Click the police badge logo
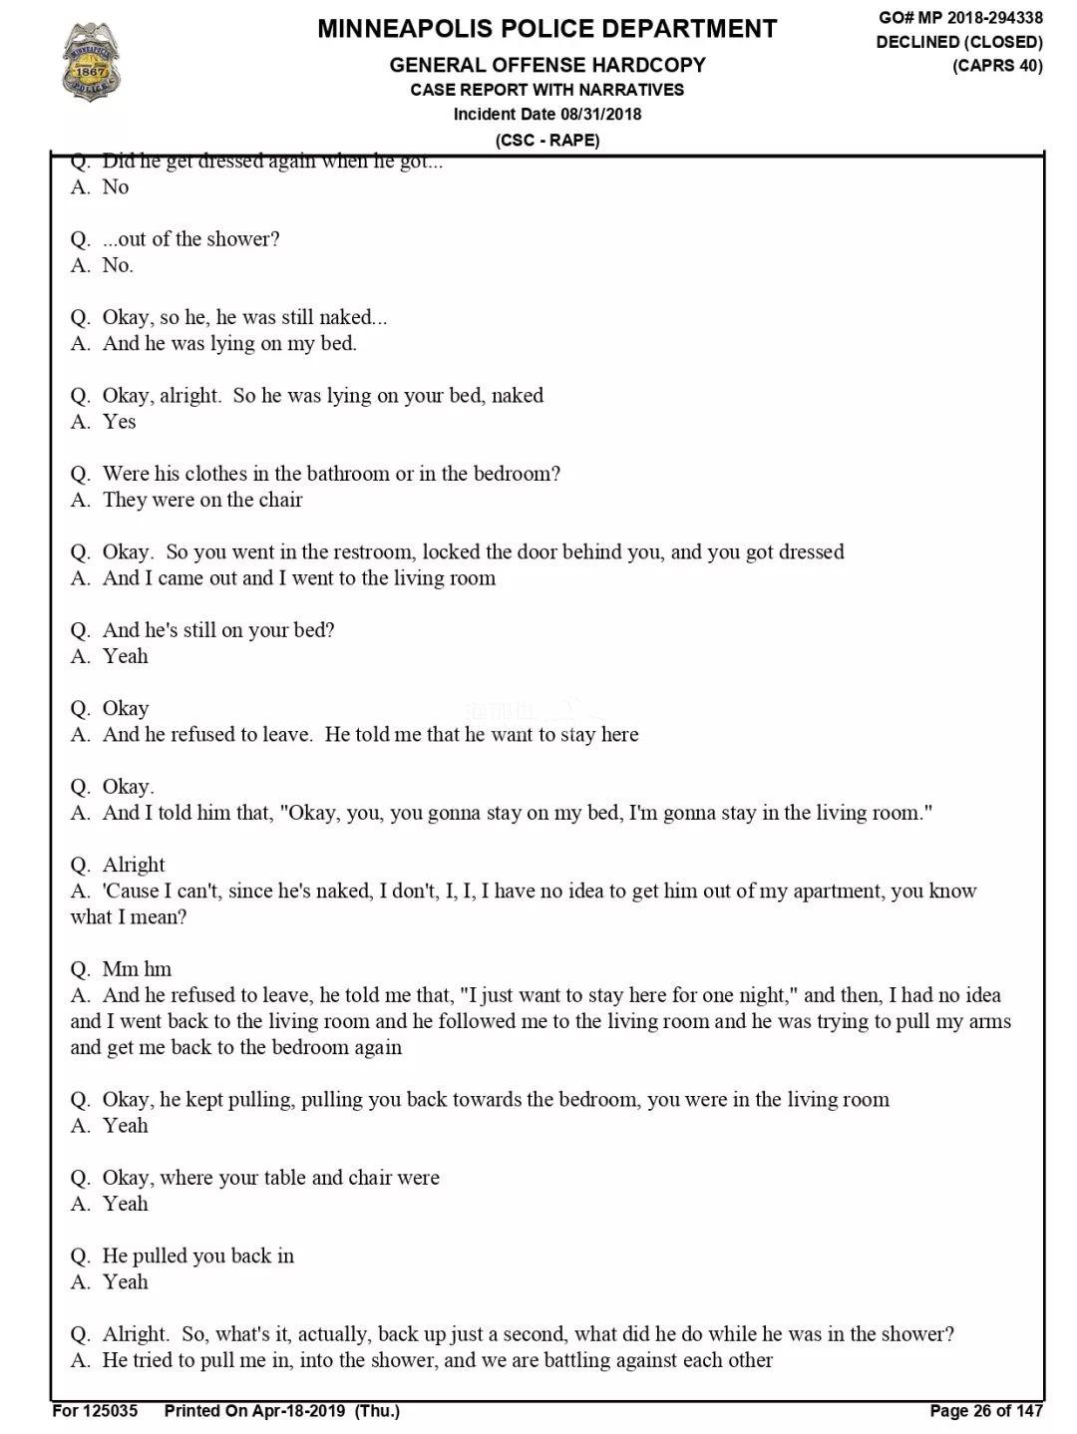pyautogui.click(x=91, y=62)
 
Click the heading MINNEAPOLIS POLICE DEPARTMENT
pyautogui.click(x=546, y=29)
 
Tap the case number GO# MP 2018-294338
pyautogui.click(x=960, y=18)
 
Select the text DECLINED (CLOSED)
pyautogui.click(x=959, y=42)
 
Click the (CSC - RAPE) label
pyautogui.click(x=547, y=140)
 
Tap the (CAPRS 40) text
pyautogui.click(x=997, y=66)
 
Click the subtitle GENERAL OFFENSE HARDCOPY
pyautogui.click(x=546, y=65)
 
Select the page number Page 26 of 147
pyautogui.click(x=985, y=1410)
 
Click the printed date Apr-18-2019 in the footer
pyautogui.click(x=300, y=1410)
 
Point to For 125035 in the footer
pyautogui.click(x=95, y=1410)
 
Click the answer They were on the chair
pyautogui.click(x=201, y=500)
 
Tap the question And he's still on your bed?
pyautogui.click(x=217, y=630)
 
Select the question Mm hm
pyautogui.click(x=137, y=969)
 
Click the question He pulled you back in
pyautogui.click(x=197, y=1255)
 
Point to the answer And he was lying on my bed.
pyautogui.click(x=228, y=343)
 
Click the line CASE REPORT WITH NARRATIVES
pyautogui.click(x=546, y=90)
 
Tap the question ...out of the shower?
pyautogui.click(x=190, y=239)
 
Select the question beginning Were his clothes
pyautogui.click(x=330, y=474)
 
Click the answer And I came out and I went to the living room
pyautogui.click(x=298, y=578)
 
